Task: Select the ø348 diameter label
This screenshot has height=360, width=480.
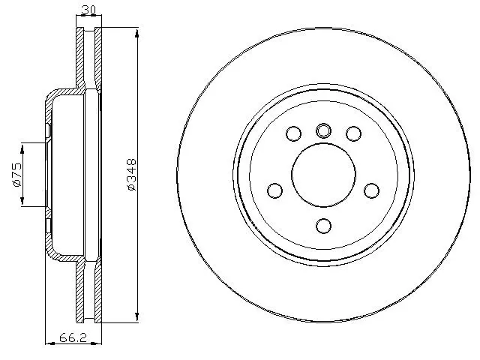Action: pos(132,175)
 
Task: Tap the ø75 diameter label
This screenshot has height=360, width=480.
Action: pos(16,173)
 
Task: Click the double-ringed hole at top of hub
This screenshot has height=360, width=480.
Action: pos(323,130)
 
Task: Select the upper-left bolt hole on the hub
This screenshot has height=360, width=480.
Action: pos(293,134)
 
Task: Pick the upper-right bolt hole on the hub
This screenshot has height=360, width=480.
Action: pos(353,134)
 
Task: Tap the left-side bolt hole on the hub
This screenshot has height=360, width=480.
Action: pos(274,190)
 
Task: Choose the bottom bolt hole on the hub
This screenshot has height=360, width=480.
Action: pos(323,226)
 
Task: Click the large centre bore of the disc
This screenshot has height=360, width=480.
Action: pos(323,175)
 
